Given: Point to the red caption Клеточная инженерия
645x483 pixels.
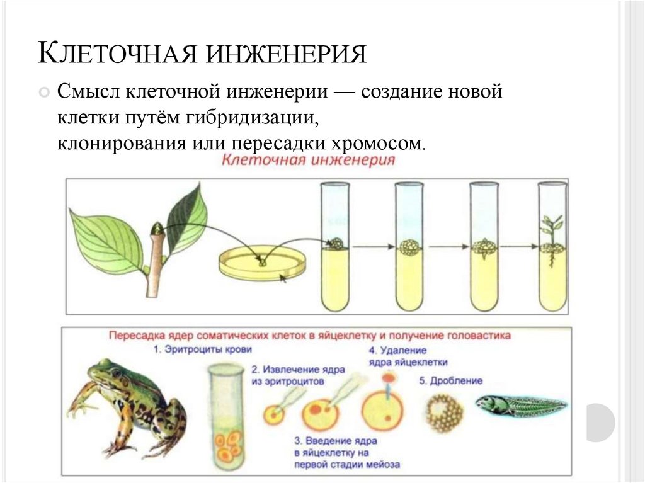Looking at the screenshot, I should click(x=308, y=160).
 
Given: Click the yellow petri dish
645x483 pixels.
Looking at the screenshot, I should click(x=261, y=263).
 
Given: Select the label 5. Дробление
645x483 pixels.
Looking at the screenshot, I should click(x=450, y=380).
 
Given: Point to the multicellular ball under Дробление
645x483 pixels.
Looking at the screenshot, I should click(x=444, y=412).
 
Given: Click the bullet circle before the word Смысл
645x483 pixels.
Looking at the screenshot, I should click(x=43, y=93).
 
